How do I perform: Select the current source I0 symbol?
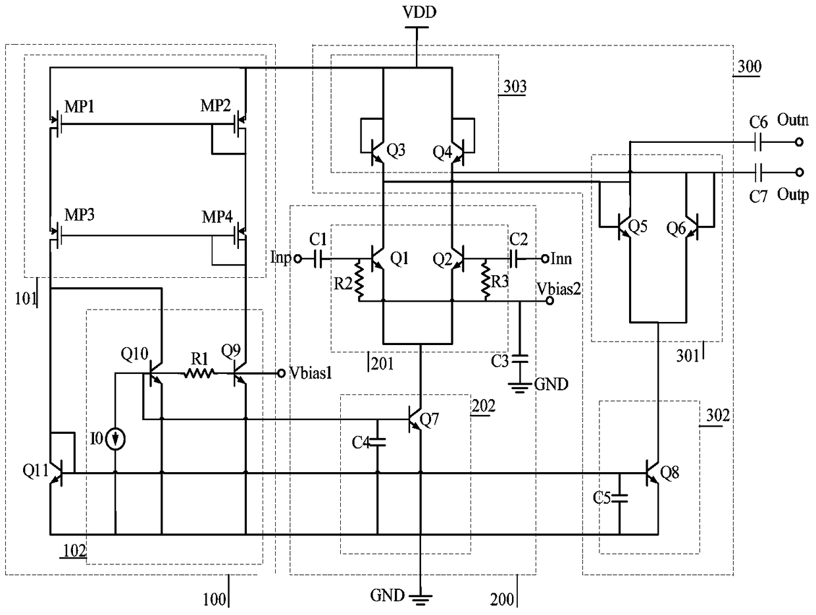pyautogui.click(x=115, y=439)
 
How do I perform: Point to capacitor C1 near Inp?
pyautogui.click(x=319, y=259)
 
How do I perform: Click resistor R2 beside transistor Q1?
pyautogui.click(x=360, y=279)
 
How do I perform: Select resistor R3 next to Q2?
pyautogui.click(x=487, y=279)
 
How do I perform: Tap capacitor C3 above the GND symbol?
pyautogui.click(x=521, y=360)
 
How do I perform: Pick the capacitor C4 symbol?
pyautogui.click(x=378, y=444)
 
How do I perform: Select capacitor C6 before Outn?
pyautogui.click(x=759, y=141)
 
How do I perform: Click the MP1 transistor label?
pyautogui.click(x=79, y=106)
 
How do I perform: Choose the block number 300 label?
pyautogui.click(x=747, y=66)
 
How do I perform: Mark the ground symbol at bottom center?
pyautogui.click(x=421, y=597)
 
